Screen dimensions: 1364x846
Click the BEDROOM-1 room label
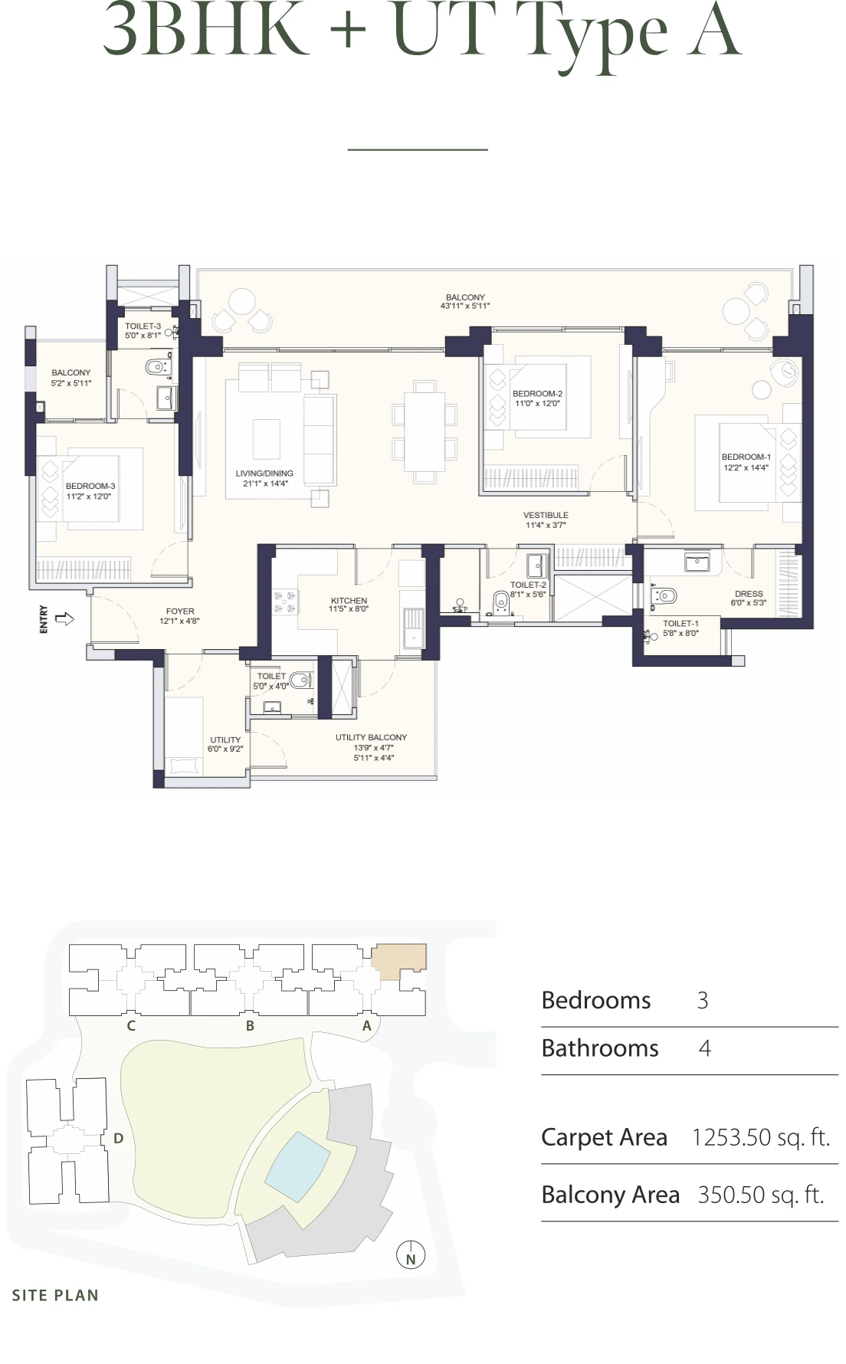[746, 457]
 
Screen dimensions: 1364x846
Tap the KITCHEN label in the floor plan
[349, 601]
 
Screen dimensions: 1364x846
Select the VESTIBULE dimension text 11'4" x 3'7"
[546, 525]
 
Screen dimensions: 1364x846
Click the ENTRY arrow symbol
[65, 618]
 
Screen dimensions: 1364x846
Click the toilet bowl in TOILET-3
[158, 366]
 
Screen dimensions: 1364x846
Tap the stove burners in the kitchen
[285, 602]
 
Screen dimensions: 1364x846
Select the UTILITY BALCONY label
[371, 737]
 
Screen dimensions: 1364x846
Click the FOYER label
[180, 612]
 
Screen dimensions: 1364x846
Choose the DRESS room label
[748, 594]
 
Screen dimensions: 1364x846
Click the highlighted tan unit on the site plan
[398, 959]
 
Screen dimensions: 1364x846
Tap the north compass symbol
[411, 1256]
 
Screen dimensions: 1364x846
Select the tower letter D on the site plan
[118, 1138]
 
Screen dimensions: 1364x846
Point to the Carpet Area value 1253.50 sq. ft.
[760, 1137]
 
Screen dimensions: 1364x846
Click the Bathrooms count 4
[704, 1048]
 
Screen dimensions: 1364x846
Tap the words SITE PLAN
[55, 1295]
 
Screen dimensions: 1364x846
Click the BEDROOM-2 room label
[537, 394]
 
